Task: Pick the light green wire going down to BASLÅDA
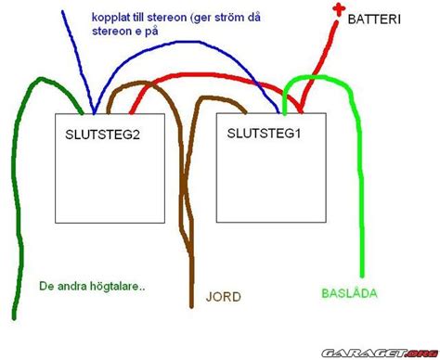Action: pos(356,186)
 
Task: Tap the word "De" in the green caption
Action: pos(48,286)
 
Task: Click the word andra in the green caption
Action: pos(74,286)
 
